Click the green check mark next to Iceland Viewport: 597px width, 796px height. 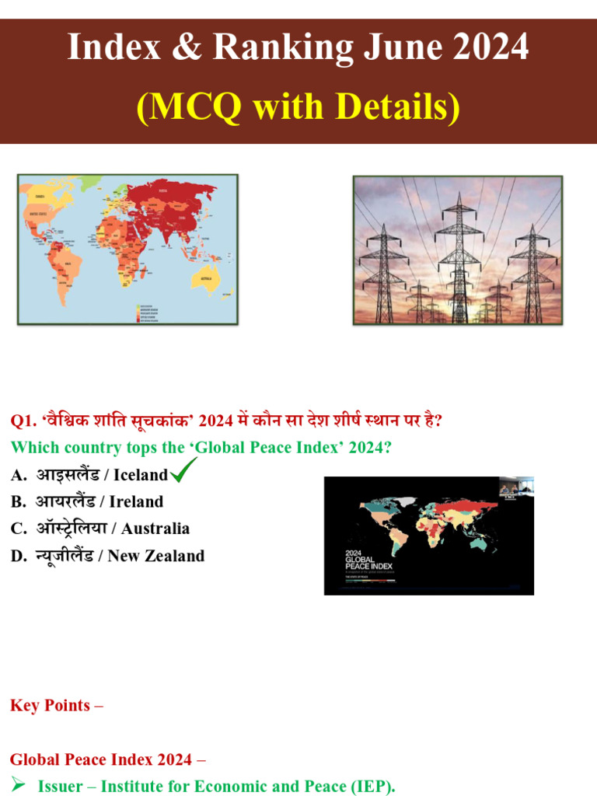pos(183,470)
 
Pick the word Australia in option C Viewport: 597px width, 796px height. pos(155,529)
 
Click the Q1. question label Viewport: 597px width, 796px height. pos(23,421)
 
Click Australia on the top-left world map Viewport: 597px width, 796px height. pos(206,278)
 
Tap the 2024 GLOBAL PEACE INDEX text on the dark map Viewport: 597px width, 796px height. pos(368,561)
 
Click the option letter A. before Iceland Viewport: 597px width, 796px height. pos(18,475)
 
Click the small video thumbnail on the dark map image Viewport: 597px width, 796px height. pos(515,487)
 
